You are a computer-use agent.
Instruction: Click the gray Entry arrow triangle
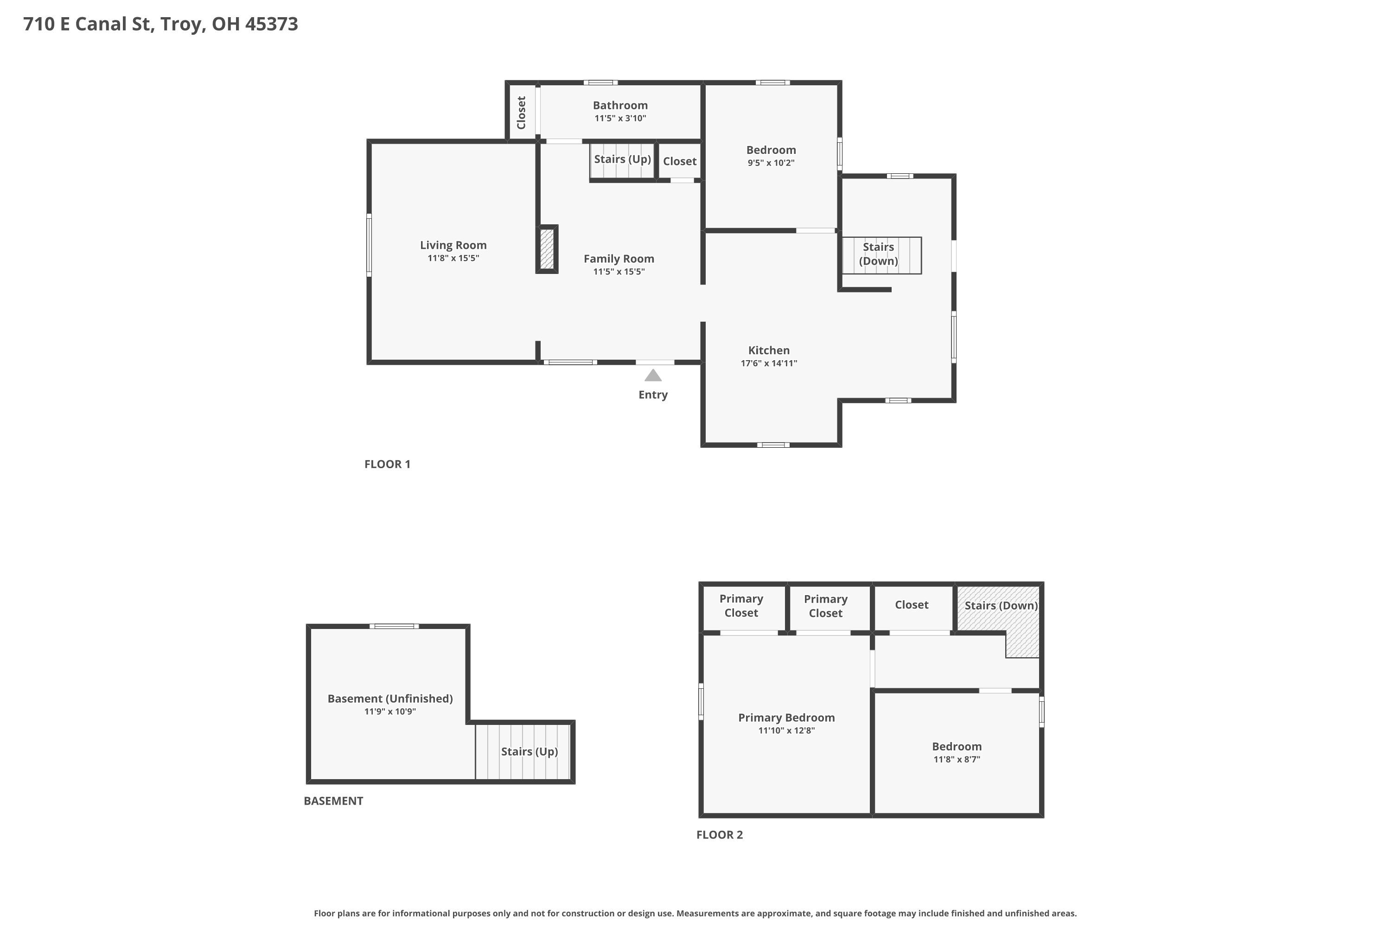(653, 375)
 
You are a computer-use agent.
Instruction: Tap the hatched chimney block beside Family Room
(547, 249)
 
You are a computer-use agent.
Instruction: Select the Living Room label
(453, 245)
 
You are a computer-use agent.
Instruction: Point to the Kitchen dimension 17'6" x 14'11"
(769, 363)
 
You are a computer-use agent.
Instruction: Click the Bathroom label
(620, 105)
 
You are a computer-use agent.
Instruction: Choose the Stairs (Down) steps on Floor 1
(882, 255)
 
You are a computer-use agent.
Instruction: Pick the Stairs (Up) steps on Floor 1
(622, 160)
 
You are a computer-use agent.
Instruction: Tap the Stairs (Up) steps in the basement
(523, 752)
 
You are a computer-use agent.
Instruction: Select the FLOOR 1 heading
(387, 464)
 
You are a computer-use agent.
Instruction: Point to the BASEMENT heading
(333, 801)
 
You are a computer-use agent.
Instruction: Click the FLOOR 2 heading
(720, 835)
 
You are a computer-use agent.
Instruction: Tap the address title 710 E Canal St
(89, 24)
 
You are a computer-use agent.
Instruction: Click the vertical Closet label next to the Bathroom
(521, 112)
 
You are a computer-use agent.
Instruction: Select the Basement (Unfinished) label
(390, 699)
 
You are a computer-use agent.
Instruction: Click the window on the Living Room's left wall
(369, 245)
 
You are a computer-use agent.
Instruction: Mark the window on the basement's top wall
(395, 626)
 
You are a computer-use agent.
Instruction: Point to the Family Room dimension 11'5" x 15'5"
(619, 271)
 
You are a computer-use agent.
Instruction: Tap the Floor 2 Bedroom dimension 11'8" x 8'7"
(957, 760)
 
